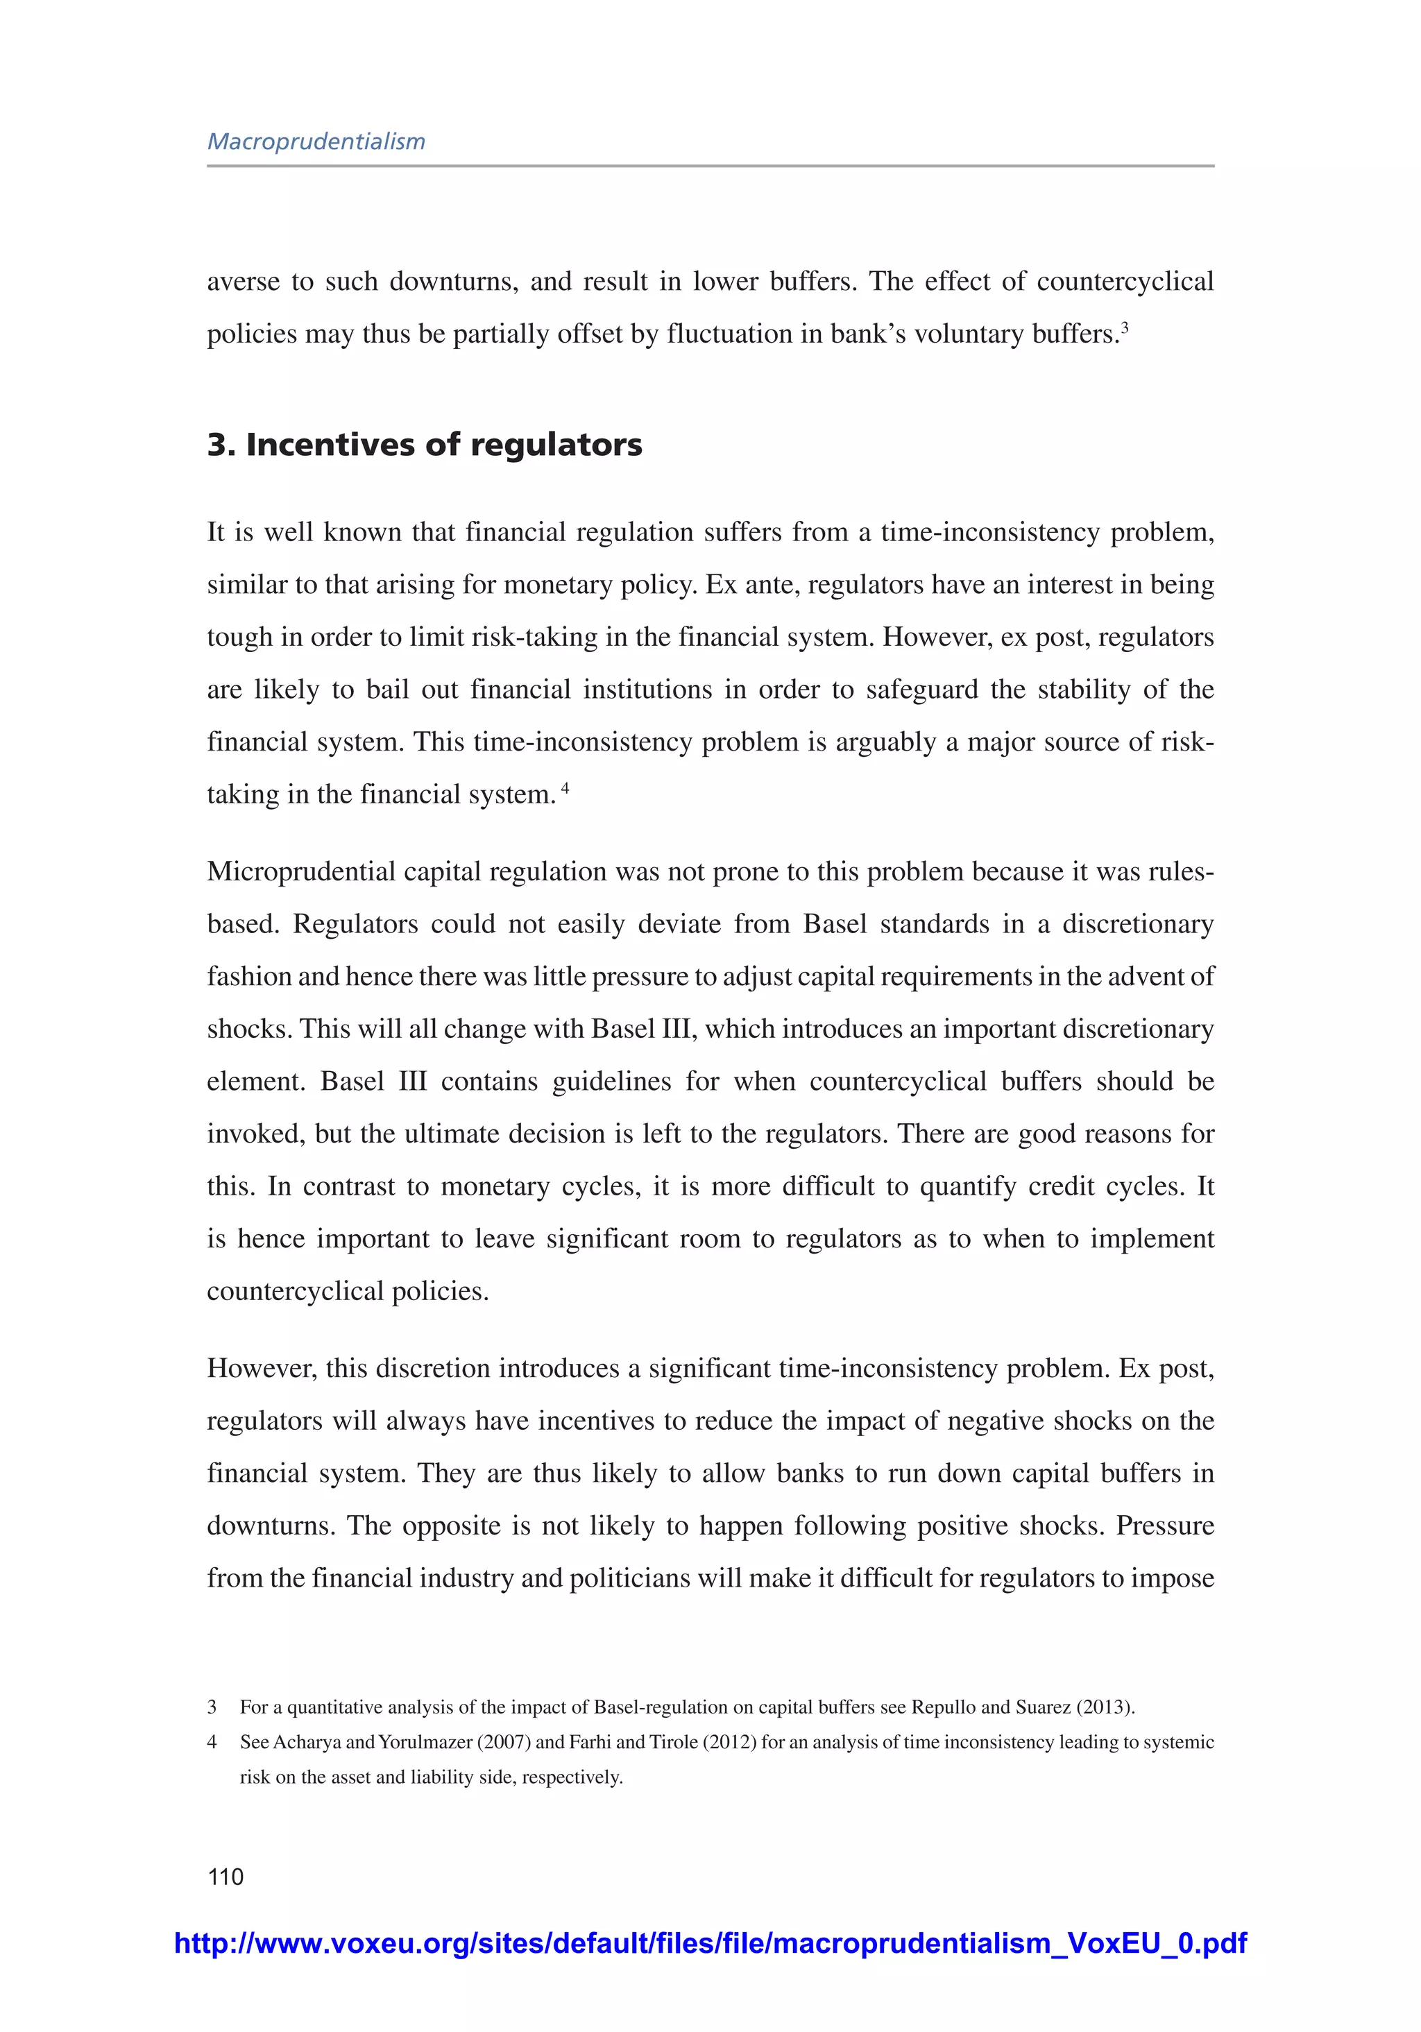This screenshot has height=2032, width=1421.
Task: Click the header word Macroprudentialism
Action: coord(316,142)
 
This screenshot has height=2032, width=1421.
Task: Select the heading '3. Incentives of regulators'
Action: coord(424,444)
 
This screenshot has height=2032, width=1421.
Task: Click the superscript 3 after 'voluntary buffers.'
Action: coord(1125,327)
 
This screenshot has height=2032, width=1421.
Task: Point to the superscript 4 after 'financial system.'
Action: coord(565,787)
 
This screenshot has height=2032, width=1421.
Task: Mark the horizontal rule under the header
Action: coord(710,166)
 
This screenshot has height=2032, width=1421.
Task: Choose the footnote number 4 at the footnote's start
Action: coord(212,1742)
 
